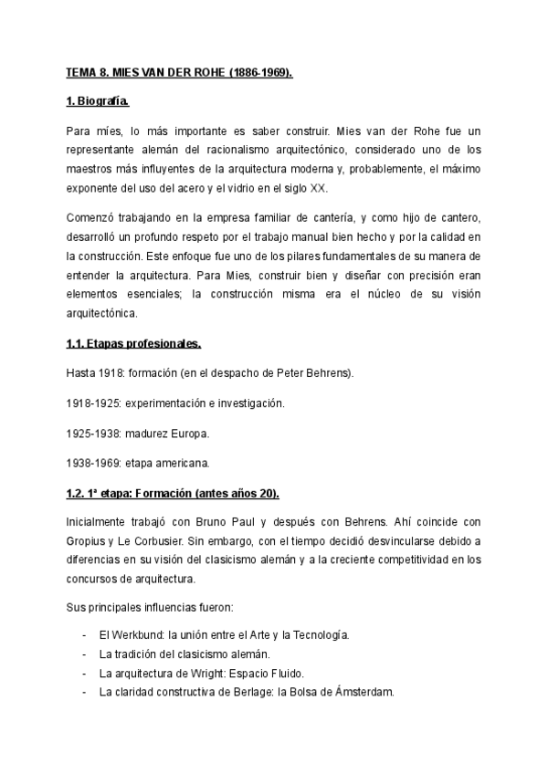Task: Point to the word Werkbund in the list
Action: point(136,633)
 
